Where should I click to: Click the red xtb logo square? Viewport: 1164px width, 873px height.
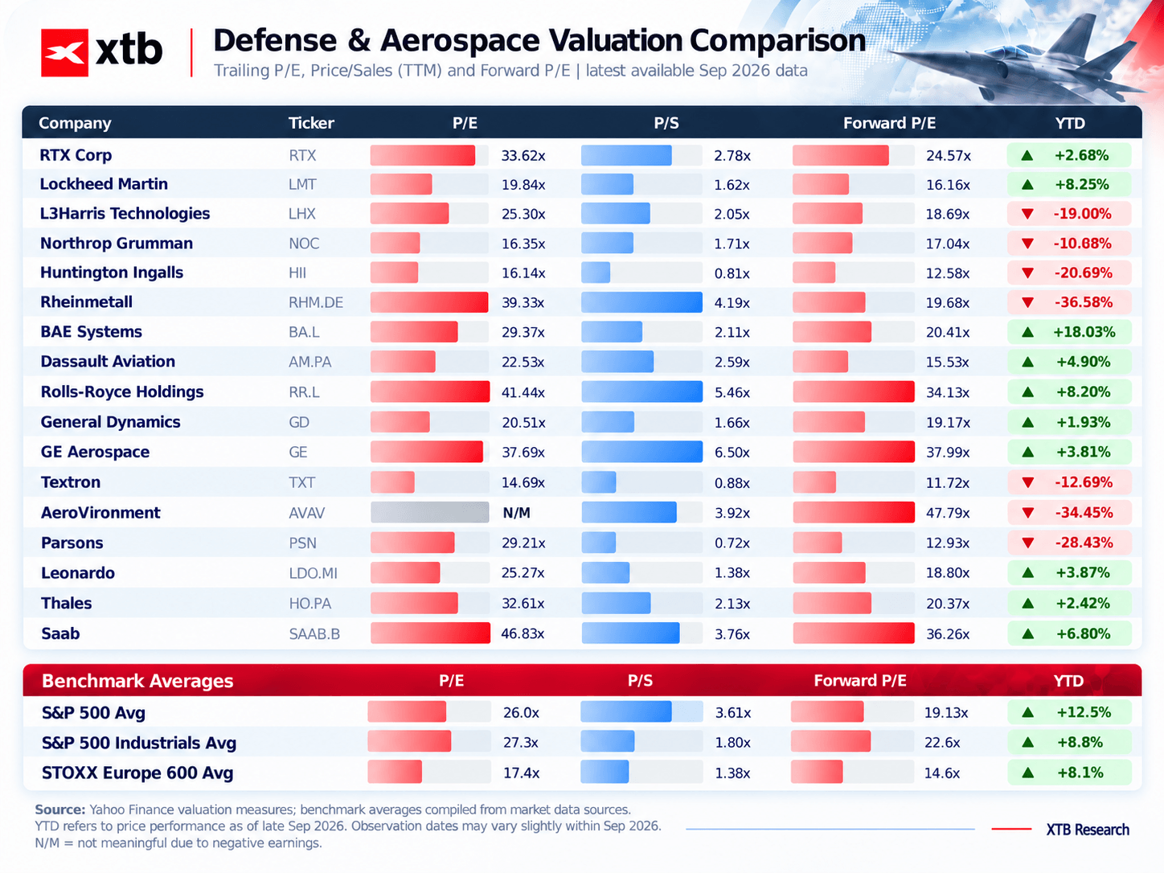click(x=64, y=52)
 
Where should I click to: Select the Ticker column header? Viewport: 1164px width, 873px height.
click(x=311, y=123)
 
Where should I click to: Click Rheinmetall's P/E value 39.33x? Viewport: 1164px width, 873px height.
click(x=523, y=303)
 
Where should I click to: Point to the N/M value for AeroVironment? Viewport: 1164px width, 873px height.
click(x=516, y=513)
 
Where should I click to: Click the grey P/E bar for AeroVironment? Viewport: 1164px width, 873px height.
click(x=429, y=513)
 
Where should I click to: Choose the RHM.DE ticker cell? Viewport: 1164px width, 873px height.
click(x=316, y=303)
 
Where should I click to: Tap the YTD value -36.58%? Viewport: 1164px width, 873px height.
click(x=1083, y=303)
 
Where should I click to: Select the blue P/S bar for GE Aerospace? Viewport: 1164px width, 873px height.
click(x=641, y=452)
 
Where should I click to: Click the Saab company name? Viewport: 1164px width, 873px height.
click(x=60, y=634)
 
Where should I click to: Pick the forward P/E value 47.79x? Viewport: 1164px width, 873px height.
click(x=948, y=513)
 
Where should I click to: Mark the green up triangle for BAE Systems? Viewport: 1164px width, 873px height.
click(x=1027, y=332)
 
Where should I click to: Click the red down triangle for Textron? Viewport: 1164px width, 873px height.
click(x=1027, y=483)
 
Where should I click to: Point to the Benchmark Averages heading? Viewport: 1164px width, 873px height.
click(x=137, y=681)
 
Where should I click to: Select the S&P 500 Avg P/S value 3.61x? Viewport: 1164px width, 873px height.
click(x=733, y=713)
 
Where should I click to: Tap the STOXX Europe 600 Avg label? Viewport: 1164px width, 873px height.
click(x=137, y=773)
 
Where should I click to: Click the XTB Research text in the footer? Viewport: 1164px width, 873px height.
click(x=1087, y=830)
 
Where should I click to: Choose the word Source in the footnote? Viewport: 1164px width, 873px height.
click(x=60, y=810)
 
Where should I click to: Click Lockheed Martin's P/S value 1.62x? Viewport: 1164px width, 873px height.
click(x=732, y=185)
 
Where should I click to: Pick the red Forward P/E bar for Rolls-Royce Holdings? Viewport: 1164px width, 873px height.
click(x=854, y=391)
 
